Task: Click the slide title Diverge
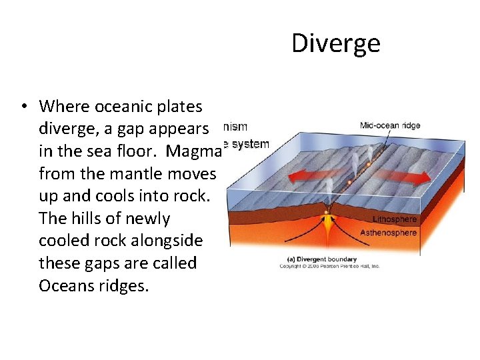(x=336, y=44)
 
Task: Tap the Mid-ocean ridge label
(x=390, y=125)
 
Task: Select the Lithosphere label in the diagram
(x=394, y=219)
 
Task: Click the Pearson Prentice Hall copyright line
(x=329, y=266)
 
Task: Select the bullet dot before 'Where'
(x=23, y=107)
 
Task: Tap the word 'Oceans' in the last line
(x=67, y=286)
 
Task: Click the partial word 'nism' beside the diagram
(x=235, y=126)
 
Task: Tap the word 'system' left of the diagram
(x=249, y=143)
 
